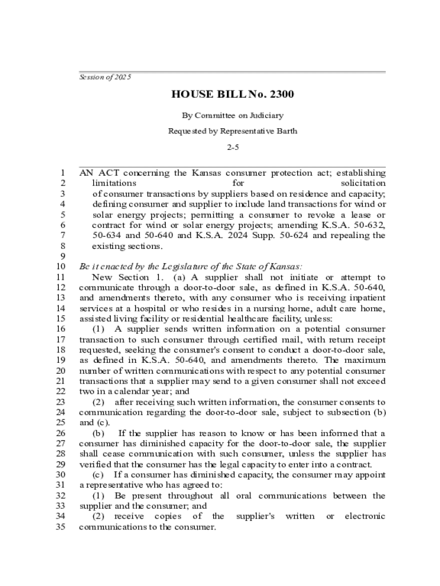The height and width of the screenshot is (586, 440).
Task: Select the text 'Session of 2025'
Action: [x=105, y=77]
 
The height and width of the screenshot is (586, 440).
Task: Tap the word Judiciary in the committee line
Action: [x=264, y=115]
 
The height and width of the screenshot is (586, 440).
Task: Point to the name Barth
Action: [x=287, y=131]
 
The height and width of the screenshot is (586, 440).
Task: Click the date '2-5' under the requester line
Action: [x=233, y=147]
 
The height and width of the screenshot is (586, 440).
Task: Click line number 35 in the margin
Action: [x=59, y=527]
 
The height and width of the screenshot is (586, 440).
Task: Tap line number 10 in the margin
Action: [x=59, y=267]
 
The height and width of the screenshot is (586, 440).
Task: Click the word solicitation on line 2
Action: [x=363, y=183]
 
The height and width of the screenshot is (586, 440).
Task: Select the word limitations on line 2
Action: [x=114, y=183]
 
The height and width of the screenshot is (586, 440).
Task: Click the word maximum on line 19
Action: [x=365, y=361]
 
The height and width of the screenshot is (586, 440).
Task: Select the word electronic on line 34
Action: [x=365, y=517]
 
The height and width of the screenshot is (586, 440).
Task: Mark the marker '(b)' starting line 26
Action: [x=98, y=433]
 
